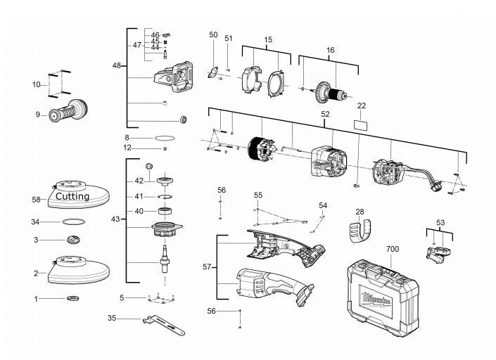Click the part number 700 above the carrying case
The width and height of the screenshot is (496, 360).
pos(393,249)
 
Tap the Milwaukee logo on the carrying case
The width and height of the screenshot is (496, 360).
pos(376,300)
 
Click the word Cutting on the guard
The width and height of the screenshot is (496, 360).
pos(72,197)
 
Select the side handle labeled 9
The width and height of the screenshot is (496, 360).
pos(68,110)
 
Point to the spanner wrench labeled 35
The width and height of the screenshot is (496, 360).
pos(164,325)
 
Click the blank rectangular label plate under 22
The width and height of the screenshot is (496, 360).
pos(361,124)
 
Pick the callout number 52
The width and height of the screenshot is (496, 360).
pos(325,114)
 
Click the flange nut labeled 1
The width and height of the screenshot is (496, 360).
pos(73,298)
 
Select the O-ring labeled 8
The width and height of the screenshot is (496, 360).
pos(165,138)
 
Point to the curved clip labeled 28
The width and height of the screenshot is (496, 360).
pos(361,231)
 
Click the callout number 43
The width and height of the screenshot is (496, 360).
pos(115,219)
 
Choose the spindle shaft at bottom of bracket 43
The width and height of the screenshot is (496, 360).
pos(165,259)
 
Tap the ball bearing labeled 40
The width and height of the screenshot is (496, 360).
pos(165,211)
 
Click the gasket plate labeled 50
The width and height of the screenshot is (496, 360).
pos(213,73)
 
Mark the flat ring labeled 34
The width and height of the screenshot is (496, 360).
pos(74,221)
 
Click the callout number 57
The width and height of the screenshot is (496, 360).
pos(207,267)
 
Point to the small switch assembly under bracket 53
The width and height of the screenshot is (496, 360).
pos(438,254)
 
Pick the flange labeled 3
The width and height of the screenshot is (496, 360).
pos(73,240)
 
